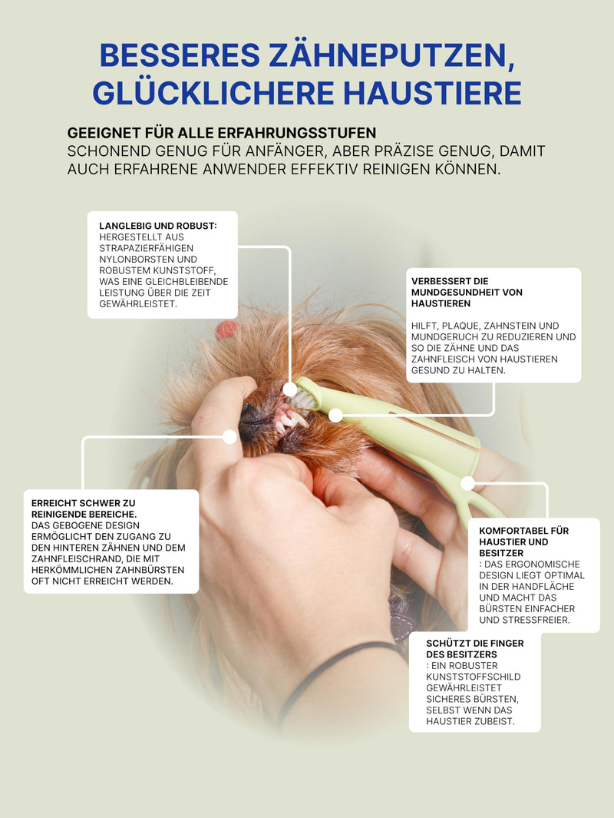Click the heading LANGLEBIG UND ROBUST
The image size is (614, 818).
[158, 226]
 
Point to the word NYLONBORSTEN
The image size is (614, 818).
[148, 260]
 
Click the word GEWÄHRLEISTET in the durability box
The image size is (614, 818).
[138, 303]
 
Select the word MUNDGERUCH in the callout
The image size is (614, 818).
[444, 336]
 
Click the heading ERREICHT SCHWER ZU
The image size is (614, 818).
[83, 503]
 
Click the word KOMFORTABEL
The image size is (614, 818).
[513, 531]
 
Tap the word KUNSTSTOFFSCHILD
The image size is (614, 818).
[474, 677]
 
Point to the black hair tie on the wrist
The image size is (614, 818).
[334, 673]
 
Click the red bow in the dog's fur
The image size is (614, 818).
[226, 330]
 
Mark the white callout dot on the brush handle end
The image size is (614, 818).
[467, 484]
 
